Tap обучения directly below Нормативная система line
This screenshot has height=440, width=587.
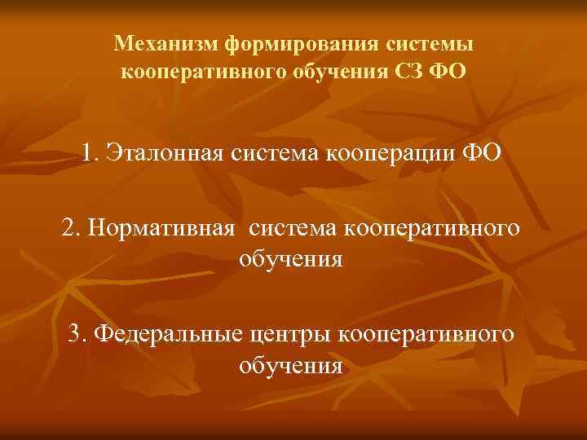click(291, 260)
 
